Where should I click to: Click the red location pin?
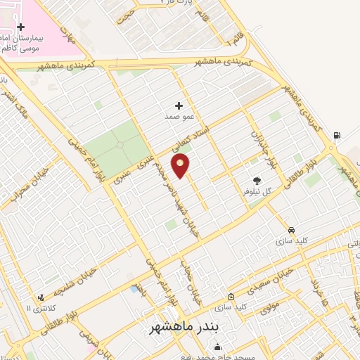click(x=181, y=167)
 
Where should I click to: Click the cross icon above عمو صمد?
click(x=179, y=105)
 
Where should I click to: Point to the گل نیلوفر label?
click(x=257, y=191)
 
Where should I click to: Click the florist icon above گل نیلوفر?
click(x=257, y=180)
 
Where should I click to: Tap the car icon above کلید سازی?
click(x=291, y=230)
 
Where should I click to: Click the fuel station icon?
click(x=338, y=135)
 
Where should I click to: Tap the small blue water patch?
click(x=134, y=288)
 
